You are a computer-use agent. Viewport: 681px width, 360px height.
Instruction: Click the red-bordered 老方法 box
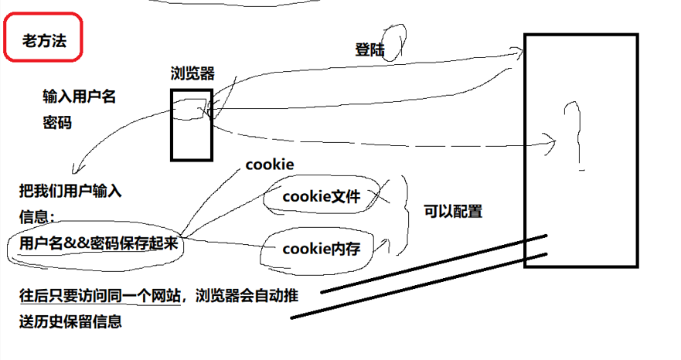pyautogui.click(x=43, y=37)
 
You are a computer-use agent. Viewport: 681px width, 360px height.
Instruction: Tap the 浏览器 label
pyautogui.click(x=192, y=73)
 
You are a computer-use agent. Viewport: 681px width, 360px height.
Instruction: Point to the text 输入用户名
pyautogui.click(x=79, y=97)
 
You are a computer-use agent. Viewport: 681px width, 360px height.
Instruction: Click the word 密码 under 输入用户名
pyautogui.click(x=56, y=122)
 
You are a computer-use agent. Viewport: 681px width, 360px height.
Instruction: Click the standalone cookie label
pyautogui.click(x=269, y=165)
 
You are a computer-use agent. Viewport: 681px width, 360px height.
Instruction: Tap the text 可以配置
pyautogui.click(x=453, y=210)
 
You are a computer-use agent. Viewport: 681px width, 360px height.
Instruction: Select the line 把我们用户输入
pyautogui.click(x=70, y=191)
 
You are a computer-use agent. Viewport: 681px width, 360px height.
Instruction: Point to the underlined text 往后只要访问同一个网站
pyautogui.click(x=100, y=295)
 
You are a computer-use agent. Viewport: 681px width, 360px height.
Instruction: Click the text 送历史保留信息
pyautogui.click(x=70, y=321)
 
